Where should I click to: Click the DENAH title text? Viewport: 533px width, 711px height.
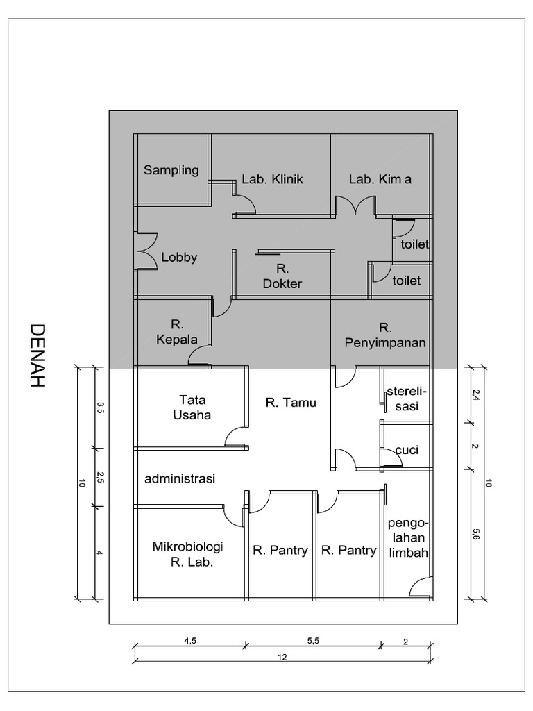(x=37, y=355)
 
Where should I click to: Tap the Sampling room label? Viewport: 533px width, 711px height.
(x=171, y=169)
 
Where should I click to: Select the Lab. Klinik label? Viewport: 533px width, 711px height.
(x=273, y=179)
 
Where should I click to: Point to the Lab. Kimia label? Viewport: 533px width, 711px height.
(x=380, y=179)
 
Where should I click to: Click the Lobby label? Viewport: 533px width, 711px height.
(x=179, y=257)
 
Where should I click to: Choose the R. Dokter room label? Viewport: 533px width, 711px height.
(x=282, y=276)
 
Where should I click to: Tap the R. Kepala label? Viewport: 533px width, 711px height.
(x=176, y=331)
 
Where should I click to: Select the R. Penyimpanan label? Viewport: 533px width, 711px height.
(x=384, y=335)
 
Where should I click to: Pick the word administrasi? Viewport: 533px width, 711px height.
(x=180, y=478)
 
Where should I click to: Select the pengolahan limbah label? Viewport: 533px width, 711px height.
(x=408, y=537)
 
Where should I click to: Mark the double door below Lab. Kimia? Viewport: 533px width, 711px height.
(x=356, y=206)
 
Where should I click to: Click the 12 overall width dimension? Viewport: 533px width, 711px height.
(x=282, y=655)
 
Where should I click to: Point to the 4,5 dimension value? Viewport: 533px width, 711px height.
(x=190, y=642)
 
